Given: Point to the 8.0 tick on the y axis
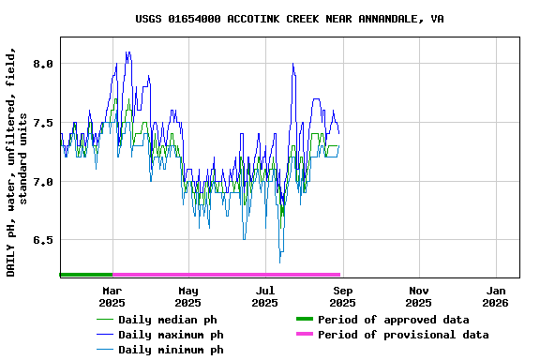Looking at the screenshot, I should click(43, 64).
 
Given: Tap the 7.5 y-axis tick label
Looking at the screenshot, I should click(43, 123).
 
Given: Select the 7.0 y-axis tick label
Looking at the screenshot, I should click(43, 182).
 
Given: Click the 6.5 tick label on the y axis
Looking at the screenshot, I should click(43, 240).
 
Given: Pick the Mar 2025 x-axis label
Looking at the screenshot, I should click(112, 296).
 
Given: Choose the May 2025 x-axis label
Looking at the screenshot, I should click(188, 296).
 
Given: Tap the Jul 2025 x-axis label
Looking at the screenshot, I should click(265, 296).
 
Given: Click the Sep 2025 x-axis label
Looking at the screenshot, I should click(342, 296).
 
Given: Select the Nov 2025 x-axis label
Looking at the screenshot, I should click(419, 296).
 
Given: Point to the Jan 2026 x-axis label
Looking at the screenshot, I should click(496, 296).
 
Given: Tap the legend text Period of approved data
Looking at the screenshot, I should click(394, 320).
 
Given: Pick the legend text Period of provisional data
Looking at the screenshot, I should click(403, 335).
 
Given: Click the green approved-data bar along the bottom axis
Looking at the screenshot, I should click(85, 275).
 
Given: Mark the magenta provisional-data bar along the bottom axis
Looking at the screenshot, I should click(226, 275).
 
